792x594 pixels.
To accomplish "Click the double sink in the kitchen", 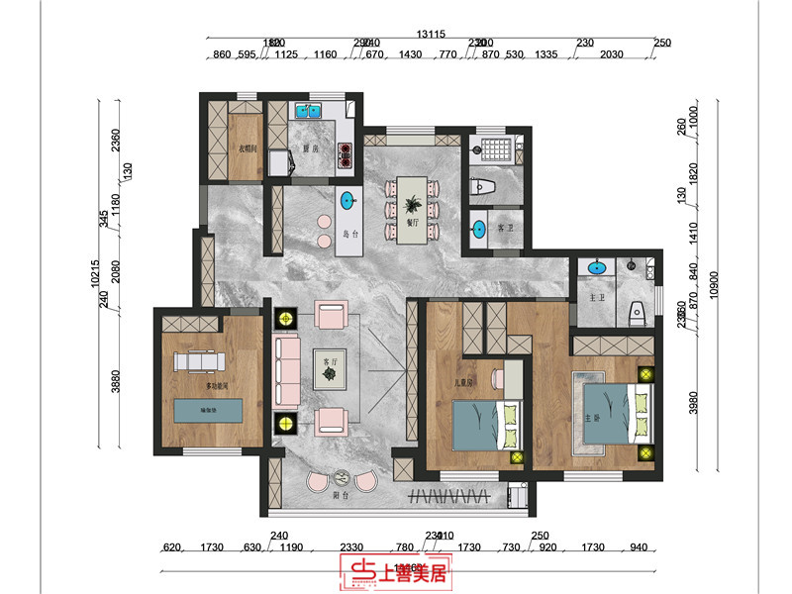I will click(315, 111).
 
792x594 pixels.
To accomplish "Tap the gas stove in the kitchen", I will click(346, 154).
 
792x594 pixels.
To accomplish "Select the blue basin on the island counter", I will click(347, 201).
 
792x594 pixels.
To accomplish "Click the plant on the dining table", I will click(412, 206).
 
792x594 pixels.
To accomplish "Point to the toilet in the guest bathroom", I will click(479, 185).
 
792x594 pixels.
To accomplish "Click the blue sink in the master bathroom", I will click(596, 267).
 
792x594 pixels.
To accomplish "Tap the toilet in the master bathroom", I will click(639, 311).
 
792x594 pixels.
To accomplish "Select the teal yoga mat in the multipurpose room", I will click(208, 408).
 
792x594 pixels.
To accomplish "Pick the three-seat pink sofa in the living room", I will click(288, 371).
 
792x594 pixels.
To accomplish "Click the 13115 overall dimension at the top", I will click(431, 34).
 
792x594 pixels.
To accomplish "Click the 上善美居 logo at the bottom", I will click(395, 571).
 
